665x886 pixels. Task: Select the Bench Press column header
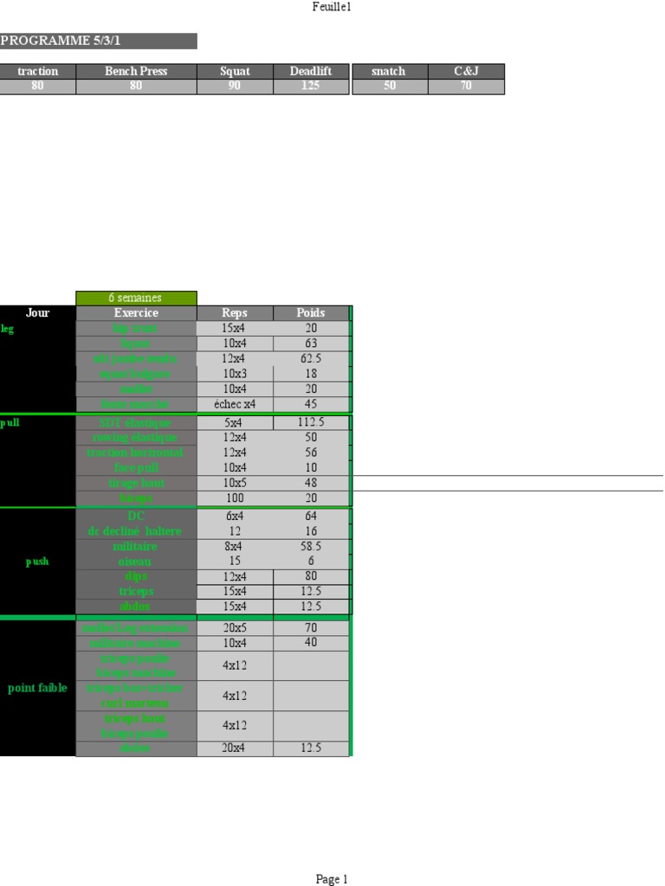pos(136,71)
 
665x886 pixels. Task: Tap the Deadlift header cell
pos(311,71)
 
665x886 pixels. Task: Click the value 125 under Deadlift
pos(311,87)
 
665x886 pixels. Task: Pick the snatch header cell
pos(389,71)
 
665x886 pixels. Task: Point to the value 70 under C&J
pos(466,87)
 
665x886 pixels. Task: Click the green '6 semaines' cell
pos(136,298)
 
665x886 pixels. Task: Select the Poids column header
pos(311,313)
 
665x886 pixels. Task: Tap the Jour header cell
pos(38,313)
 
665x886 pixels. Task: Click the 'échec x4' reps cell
pos(235,404)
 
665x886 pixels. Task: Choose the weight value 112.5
pos(311,423)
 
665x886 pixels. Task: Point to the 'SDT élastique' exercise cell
pos(136,423)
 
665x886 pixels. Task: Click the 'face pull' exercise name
pos(136,468)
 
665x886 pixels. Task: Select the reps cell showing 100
pos(235,498)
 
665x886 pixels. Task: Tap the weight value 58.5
pos(311,547)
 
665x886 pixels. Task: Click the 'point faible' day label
pos(37,689)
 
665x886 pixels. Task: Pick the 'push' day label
pos(37,562)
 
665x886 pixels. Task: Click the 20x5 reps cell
pos(235,628)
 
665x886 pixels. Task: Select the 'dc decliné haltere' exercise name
pos(136,531)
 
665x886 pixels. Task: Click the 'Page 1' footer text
pos(332,879)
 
